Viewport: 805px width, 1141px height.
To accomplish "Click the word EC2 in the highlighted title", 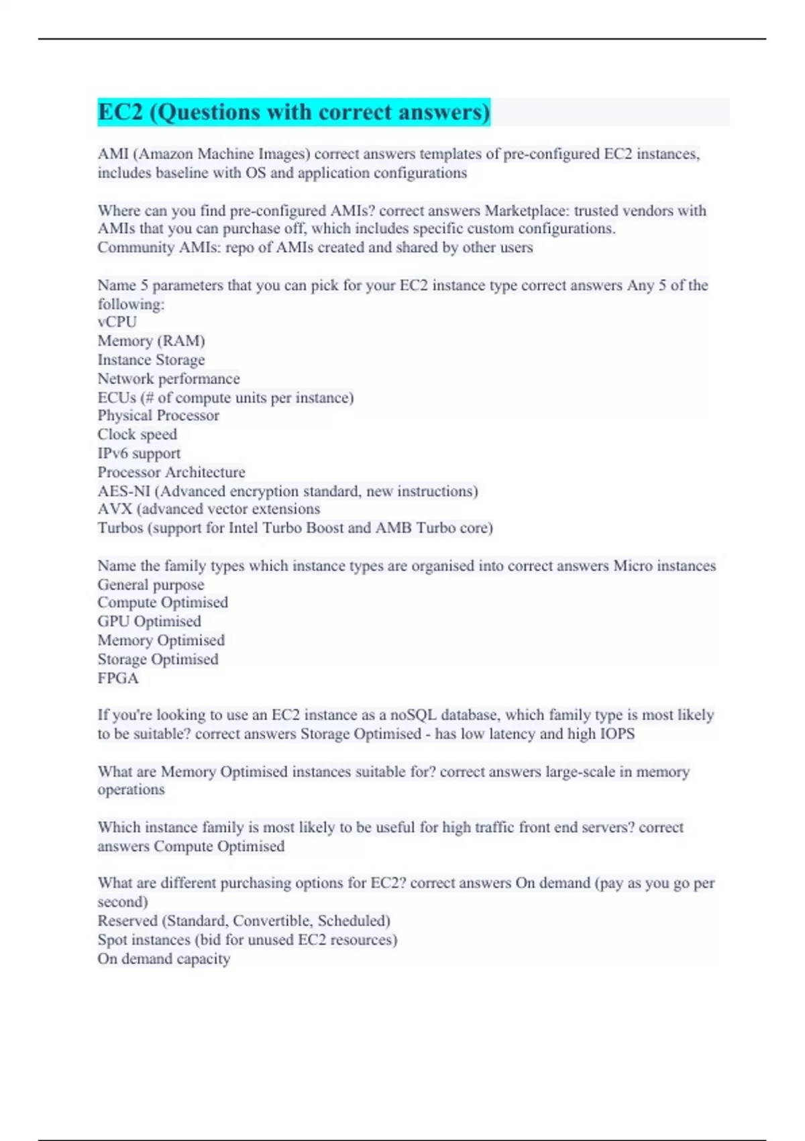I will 121,112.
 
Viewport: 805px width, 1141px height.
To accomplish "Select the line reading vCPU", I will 117,322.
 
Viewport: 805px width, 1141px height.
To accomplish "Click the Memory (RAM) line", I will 151,341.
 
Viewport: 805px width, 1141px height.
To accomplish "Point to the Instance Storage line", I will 151,360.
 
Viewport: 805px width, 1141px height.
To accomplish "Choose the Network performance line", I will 168,379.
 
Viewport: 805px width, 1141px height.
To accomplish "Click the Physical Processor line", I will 158,415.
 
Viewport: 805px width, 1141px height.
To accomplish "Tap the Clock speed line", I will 138,434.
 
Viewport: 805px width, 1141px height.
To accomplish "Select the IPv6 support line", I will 139,453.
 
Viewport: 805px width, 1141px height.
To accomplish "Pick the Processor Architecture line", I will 171,472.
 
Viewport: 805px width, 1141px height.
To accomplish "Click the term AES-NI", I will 123,491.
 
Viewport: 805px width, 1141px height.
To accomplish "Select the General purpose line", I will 151,585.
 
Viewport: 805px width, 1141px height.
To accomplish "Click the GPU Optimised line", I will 149,622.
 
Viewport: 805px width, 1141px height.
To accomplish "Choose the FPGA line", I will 118,678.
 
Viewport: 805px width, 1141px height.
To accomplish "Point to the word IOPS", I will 617,734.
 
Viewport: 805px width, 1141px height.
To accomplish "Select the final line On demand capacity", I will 164,958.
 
